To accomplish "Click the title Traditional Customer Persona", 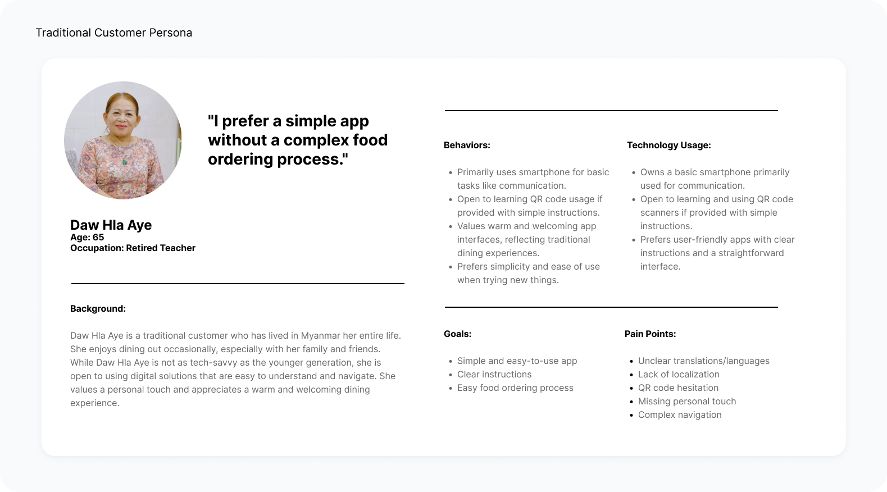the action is coord(114,33).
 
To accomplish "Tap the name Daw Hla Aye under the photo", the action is coord(111,225).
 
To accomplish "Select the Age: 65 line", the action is coord(87,237).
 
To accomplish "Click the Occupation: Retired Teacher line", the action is coord(133,248).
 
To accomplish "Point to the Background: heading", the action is coord(98,309).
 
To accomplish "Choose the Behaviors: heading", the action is coord(467,145).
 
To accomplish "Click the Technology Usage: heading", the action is coord(669,145).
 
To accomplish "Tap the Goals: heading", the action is coord(457,334).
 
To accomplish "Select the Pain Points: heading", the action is coord(650,334).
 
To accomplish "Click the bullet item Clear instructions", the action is coord(494,375).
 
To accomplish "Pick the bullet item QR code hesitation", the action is coord(678,388).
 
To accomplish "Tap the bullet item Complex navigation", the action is coord(680,415).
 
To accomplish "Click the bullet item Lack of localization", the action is coord(679,375).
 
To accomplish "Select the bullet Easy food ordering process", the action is coord(515,388).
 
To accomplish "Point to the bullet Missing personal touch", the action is coord(686,402).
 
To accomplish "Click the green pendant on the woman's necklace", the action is coord(125,162).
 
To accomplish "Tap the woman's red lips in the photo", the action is coord(121,127).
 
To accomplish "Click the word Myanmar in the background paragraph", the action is coord(320,336).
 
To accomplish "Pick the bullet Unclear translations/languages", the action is coord(704,361).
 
